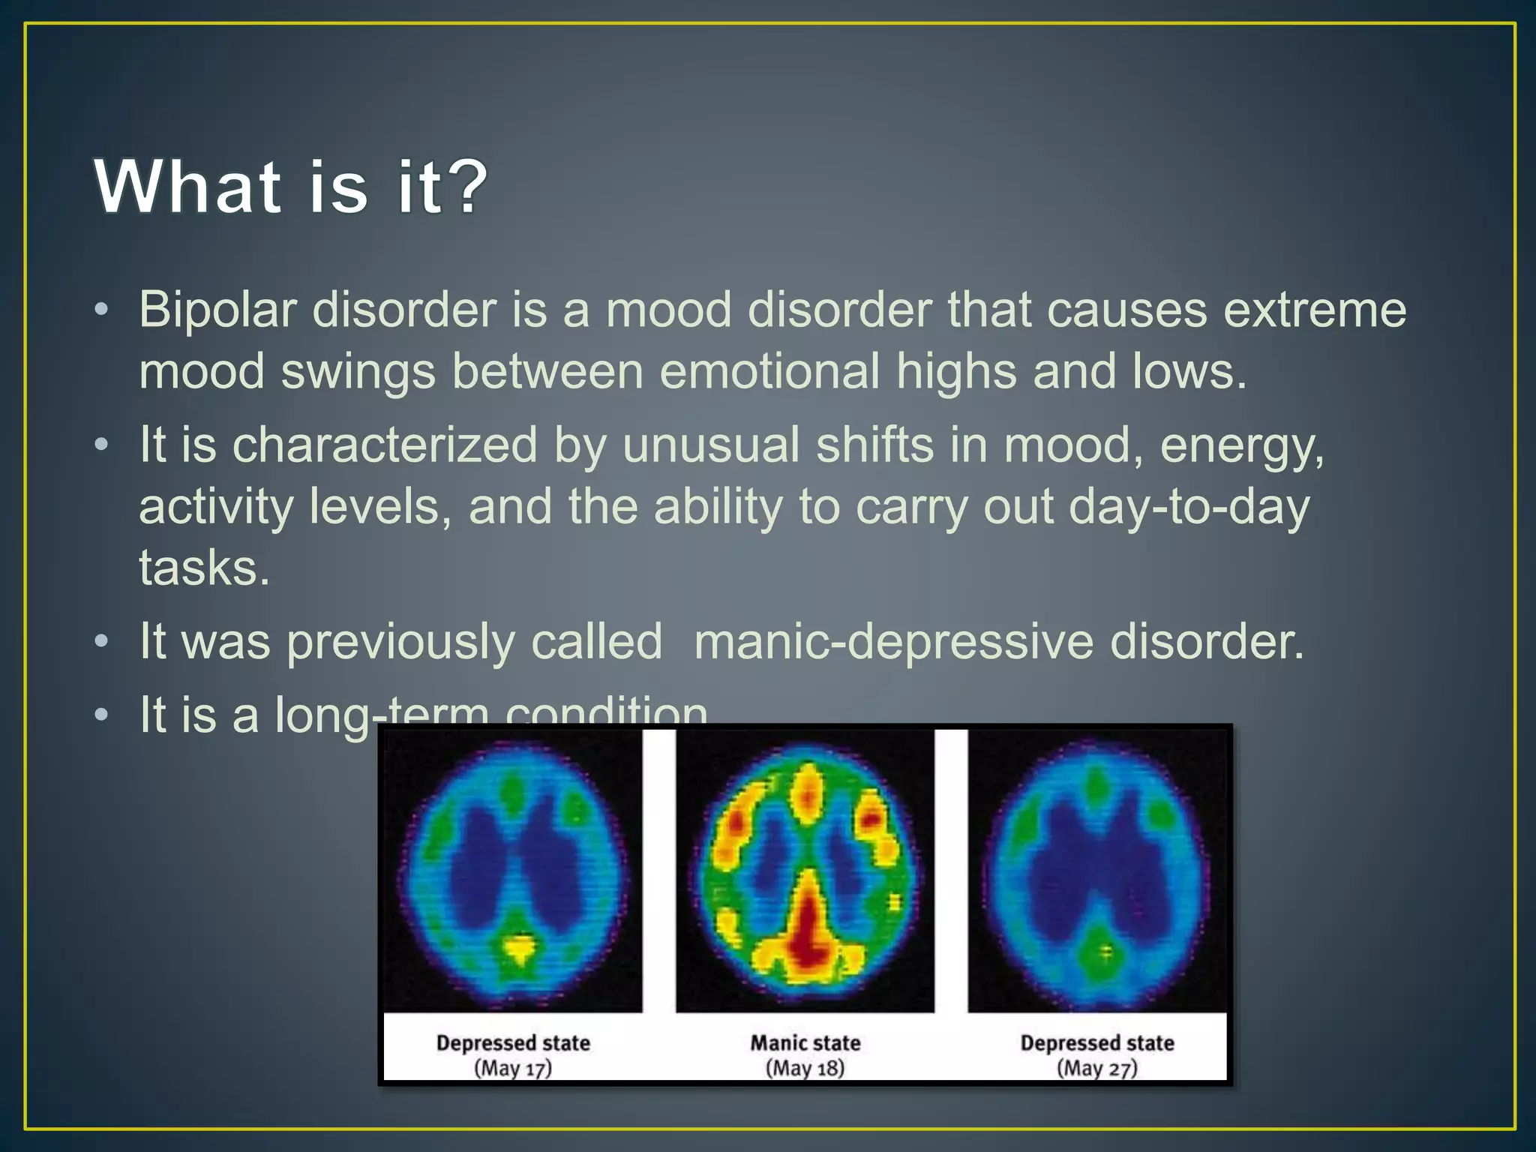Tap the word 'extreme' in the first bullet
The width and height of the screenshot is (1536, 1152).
(1314, 310)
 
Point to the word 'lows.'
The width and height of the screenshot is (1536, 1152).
(1189, 371)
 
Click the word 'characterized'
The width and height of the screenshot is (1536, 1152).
(385, 445)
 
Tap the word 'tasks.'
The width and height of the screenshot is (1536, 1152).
(203, 568)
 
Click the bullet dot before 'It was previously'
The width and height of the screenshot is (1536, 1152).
(102, 642)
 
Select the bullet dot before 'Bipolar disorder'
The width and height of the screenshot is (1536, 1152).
(102, 310)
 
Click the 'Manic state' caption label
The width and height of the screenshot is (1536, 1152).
(805, 1042)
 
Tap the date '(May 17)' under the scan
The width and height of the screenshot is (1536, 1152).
(513, 1068)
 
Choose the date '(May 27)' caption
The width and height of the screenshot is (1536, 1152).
(1096, 1068)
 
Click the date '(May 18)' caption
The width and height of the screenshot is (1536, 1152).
(805, 1068)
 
